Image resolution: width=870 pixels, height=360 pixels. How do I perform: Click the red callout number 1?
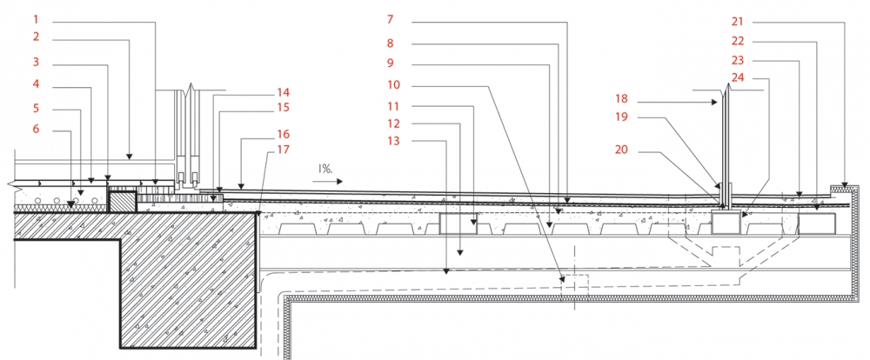tap(36, 20)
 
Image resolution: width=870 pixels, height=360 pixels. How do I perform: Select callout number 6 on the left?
tap(36, 130)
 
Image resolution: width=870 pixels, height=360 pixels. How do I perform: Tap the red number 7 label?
tap(390, 20)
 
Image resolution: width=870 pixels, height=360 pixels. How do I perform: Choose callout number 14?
tap(284, 92)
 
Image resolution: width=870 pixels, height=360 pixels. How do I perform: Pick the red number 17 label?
tap(284, 150)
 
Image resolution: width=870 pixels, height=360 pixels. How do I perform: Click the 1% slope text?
tap(325, 168)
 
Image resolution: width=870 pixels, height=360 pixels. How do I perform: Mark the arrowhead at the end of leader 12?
tap(460, 252)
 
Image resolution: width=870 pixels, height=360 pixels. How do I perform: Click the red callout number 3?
tap(36, 62)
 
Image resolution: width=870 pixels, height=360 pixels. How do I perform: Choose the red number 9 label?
tap(390, 63)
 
